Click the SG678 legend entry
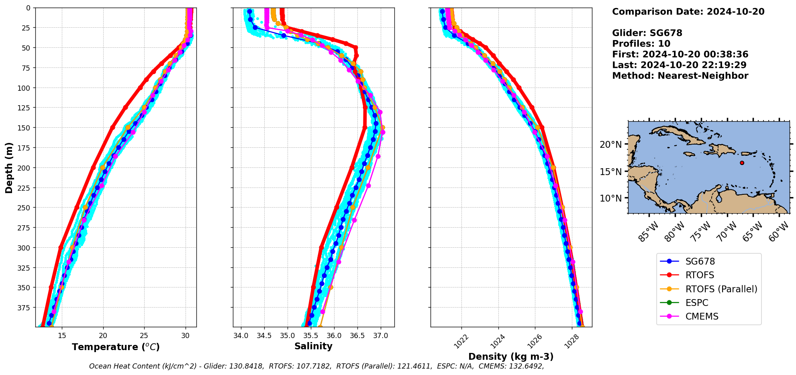click(700, 261)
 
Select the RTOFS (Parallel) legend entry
click(721, 289)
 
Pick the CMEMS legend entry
click(702, 316)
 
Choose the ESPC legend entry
click(697, 303)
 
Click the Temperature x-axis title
click(116, 347)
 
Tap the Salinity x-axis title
click(313, 346)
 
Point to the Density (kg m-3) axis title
click(511, 357)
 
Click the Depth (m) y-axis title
click(9, 167)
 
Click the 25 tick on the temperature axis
click(144, 336)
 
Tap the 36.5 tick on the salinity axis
click(357, 336)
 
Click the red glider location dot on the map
click(742, 163)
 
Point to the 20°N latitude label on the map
click(610, 145)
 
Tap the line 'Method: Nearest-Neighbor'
click(680, 76)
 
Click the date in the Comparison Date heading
click(735, 12)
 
